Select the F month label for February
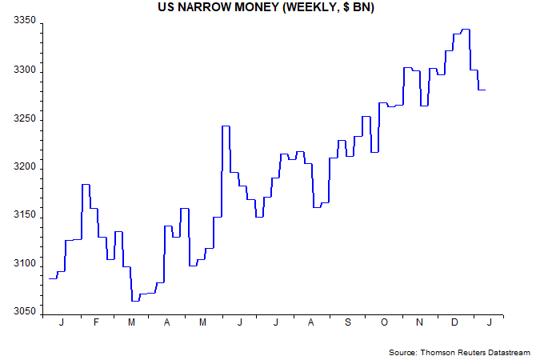(x=96, y=322)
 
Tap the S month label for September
(x=347, y=322)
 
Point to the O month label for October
(x=383, y=322)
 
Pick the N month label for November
(x=419, y=322)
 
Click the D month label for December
(x=455, y=322)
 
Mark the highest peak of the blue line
(x=465, y=30)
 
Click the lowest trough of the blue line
(x=135, y=301)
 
